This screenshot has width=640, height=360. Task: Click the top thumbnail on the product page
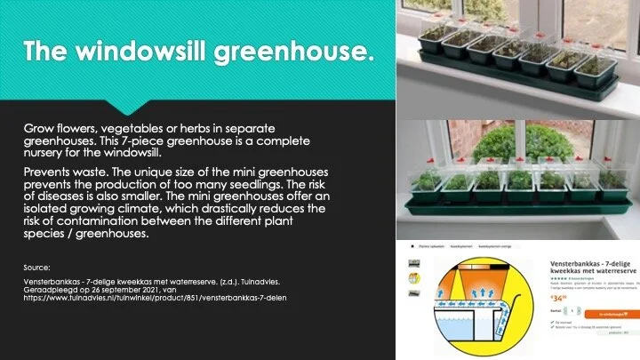[414, 264]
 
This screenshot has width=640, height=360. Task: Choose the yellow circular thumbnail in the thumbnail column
[414, 292]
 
